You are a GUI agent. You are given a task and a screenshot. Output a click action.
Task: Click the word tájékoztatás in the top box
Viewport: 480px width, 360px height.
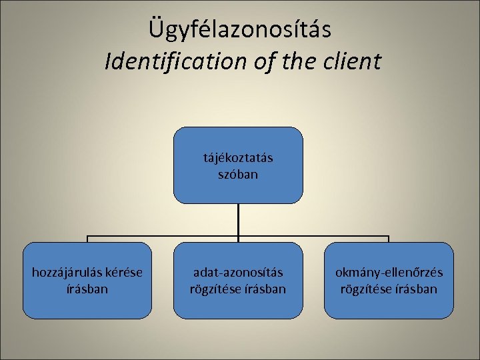238,159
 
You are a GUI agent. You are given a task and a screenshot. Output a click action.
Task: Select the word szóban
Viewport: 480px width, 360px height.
238,175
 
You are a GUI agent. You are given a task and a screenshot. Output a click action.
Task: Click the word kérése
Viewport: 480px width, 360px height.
125,273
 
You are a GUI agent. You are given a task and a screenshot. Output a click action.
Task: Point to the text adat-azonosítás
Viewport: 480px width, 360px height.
238,273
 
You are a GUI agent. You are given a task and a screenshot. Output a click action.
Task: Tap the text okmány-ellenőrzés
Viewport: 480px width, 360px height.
389,273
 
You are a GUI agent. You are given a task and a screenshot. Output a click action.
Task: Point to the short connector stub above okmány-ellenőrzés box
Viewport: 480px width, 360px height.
389,239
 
